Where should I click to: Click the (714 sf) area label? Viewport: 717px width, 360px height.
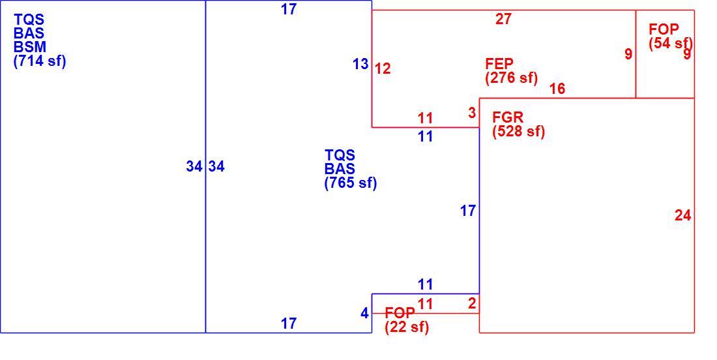coord(40,61)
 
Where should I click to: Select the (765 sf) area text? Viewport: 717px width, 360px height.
coord(351,183)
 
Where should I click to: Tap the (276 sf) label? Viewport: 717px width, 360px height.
coord(512,78)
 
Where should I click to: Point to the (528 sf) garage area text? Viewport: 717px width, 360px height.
coord(519,132)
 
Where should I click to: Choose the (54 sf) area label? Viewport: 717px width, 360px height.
coord(671,44)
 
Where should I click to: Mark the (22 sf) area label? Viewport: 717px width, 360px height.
coord(407,327)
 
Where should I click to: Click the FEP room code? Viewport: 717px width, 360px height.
coord(499,64)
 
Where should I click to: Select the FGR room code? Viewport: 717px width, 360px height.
coord(508,117)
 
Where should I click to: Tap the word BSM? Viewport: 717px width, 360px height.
coord(30,47)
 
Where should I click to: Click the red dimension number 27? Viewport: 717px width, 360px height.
coord(503,19)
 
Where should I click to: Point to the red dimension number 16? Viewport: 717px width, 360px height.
coord(557,89)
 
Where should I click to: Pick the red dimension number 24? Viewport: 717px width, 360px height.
coord(682,215)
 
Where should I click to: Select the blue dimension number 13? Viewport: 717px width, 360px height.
coord(360,65)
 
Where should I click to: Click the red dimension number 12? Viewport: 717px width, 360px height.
coord(383,69)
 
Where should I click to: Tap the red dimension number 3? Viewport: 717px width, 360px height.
coord(472,113)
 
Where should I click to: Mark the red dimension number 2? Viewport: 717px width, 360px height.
coord(472,303)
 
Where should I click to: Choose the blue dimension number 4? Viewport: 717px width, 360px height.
coord(364,313)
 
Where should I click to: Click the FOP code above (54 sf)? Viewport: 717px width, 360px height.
coord(664,30)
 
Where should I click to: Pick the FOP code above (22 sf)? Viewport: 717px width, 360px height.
coord(400,313)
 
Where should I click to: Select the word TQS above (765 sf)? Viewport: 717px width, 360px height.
coord(340,155)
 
